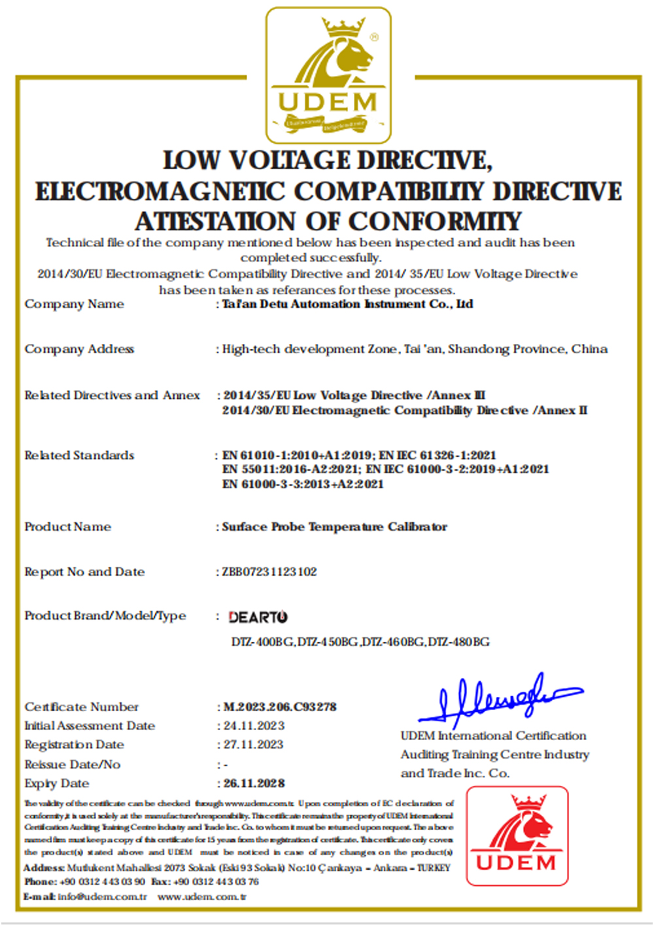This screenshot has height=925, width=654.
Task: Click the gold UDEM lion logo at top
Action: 328,75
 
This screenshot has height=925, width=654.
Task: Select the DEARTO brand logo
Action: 258,616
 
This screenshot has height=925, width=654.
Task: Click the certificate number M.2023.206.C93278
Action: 280,707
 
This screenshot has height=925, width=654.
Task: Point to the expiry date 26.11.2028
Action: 254,783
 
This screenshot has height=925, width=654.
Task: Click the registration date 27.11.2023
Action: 254,745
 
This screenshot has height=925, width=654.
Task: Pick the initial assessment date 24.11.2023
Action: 254,726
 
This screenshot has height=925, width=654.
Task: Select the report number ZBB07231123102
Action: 269,572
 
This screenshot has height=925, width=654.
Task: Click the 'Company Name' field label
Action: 74,304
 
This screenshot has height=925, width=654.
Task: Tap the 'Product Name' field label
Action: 67,527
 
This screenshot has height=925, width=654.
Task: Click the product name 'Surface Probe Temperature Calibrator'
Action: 334,527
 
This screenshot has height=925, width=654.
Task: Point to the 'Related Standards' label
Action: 79,455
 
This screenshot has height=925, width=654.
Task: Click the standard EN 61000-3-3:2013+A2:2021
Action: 303,484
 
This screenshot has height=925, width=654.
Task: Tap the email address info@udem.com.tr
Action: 102,896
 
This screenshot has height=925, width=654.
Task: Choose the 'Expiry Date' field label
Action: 56,783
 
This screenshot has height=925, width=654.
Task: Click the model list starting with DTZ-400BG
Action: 360,642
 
